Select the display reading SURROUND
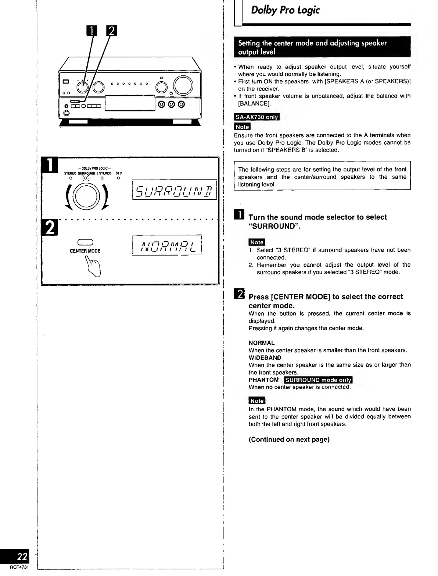coord(174,191)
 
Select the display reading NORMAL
coord(167,245)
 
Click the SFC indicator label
coord(118,173)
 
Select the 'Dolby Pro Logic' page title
coord(285,10)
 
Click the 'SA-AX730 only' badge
coord(257,117)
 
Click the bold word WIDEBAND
coord(265,358)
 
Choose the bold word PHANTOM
coord(263,380)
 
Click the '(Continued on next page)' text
coord(289,440)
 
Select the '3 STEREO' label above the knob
coord(104,173)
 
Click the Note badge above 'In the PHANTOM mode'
coord(257,401)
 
